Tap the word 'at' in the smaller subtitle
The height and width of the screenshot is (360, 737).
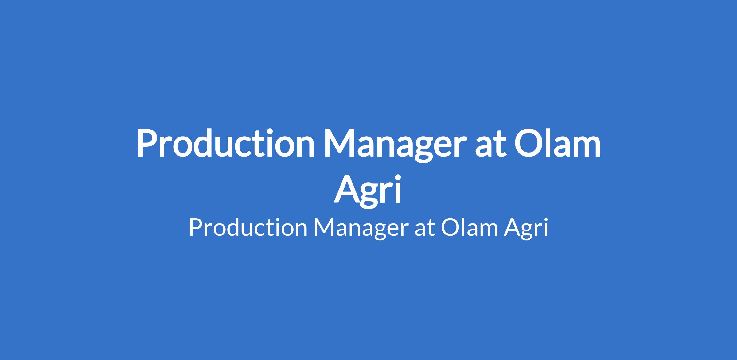tap(424, 229)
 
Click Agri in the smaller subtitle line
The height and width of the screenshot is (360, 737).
tap(525, 230)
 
